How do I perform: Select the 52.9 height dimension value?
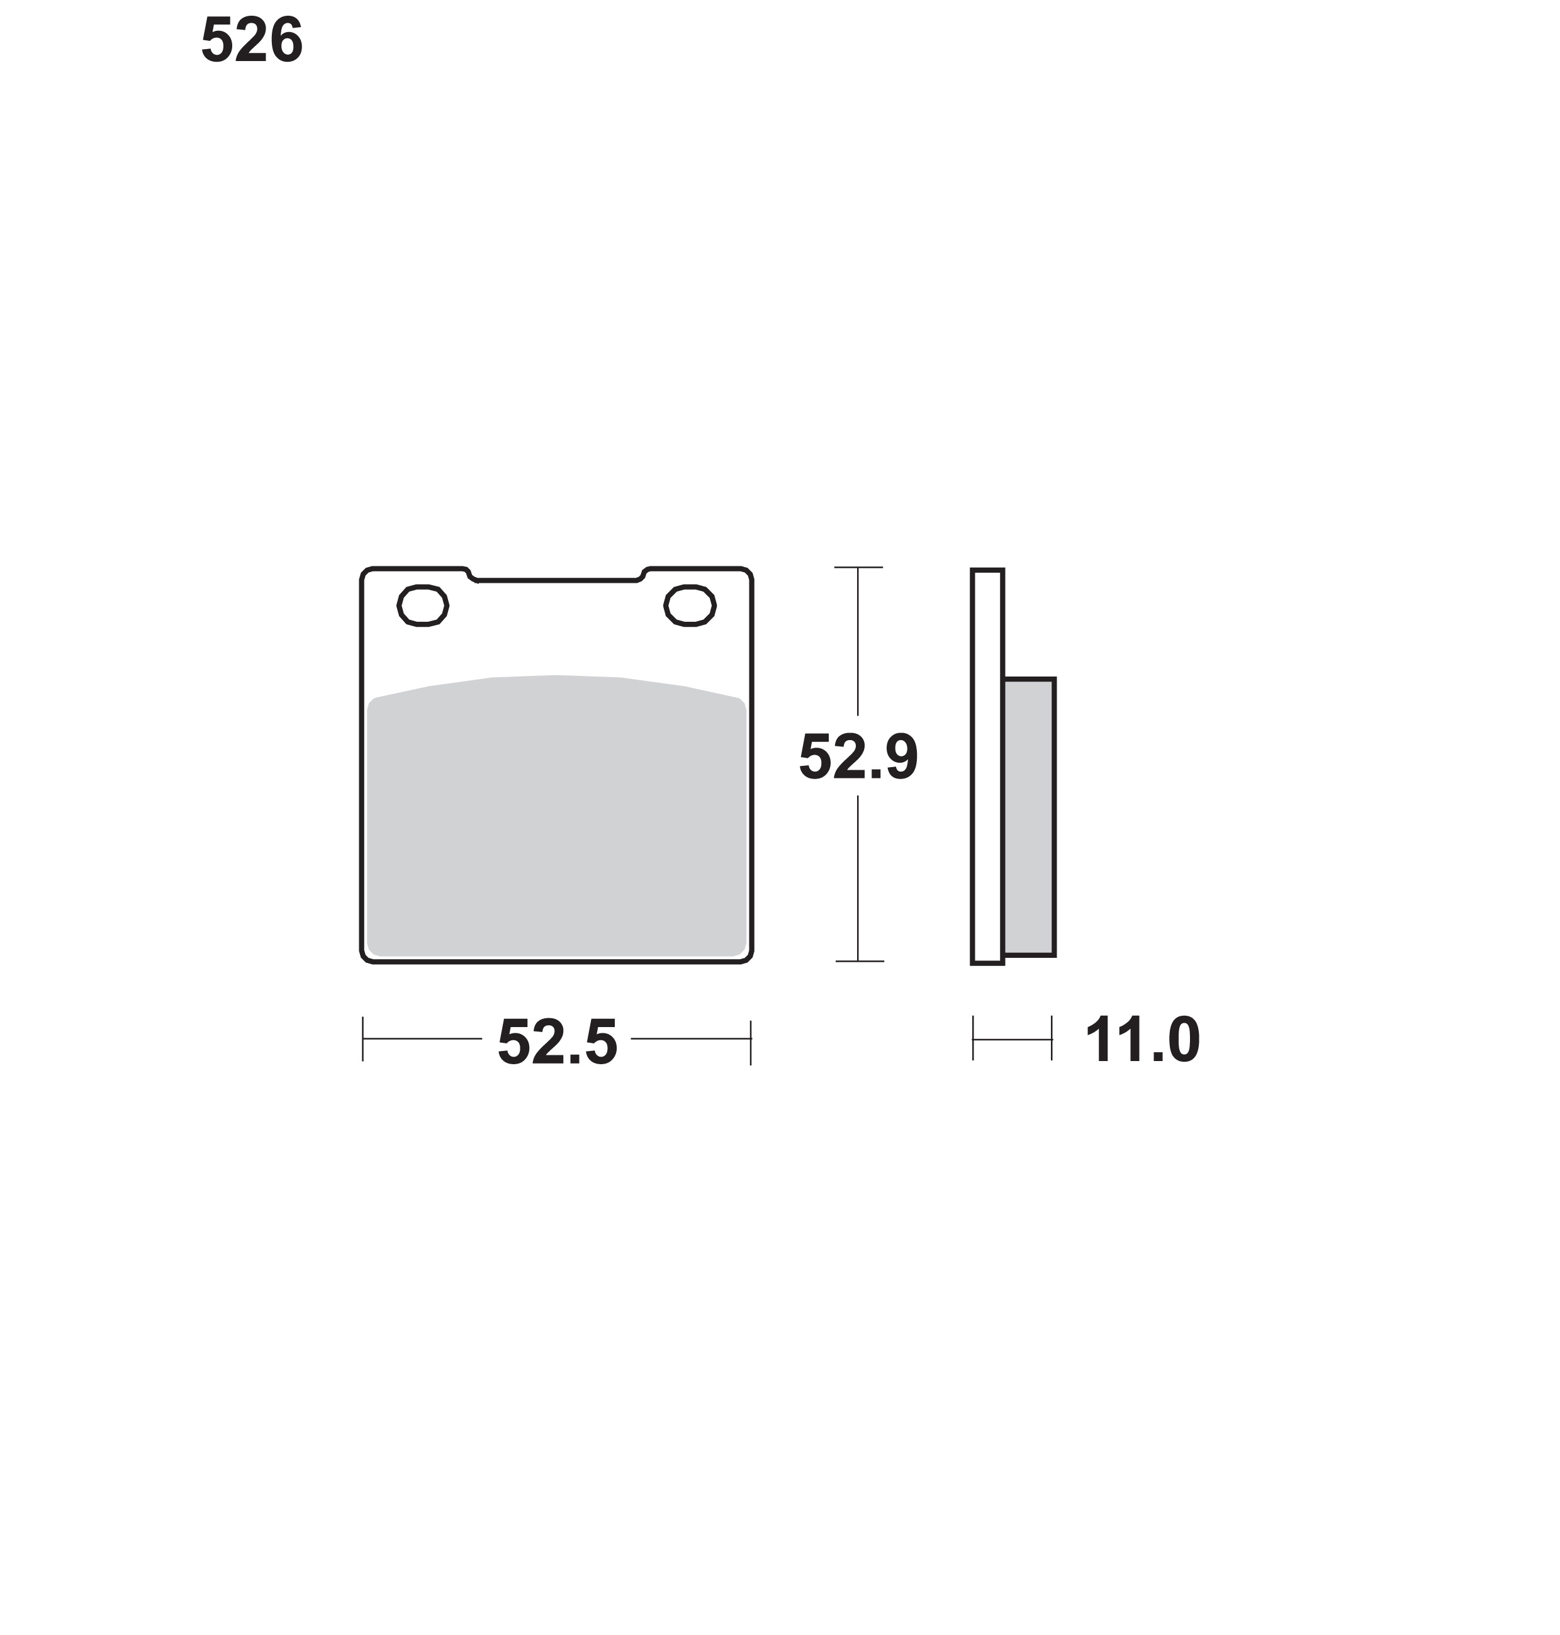pos(858,757)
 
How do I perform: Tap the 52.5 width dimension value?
pos(557,1042)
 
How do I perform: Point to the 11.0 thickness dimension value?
pos(1143,1040)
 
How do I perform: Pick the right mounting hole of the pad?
pos(690,605)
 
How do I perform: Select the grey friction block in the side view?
pos(1030,817)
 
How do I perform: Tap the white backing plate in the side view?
pos(987,767)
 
